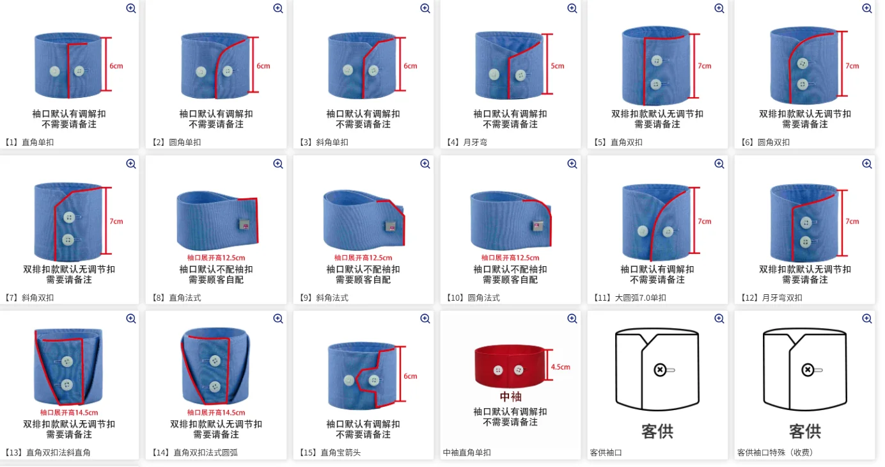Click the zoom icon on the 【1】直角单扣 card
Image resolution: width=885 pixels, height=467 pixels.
(131, 8)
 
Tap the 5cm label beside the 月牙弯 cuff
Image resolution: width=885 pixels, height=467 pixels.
(558, 66)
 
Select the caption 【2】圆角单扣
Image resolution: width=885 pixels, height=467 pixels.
(176, 142)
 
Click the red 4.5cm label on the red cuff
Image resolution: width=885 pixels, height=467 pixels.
(561, 367)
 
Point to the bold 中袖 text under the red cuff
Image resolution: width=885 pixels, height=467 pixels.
(510, 396)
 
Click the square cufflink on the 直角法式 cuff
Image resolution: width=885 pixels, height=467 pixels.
(244, 225)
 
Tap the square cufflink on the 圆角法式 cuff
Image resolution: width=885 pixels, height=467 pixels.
(537, 226)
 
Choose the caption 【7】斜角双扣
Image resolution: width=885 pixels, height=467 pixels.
(29, 298)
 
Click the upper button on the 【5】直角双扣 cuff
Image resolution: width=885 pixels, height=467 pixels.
(657, 61)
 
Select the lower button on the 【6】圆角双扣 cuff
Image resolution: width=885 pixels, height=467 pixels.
(803, 84)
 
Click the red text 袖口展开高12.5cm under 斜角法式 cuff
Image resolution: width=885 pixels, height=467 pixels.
(363, 258)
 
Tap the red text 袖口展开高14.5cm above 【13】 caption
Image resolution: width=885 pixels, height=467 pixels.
(69, 413)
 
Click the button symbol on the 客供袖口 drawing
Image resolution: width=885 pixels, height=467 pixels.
(660, 370)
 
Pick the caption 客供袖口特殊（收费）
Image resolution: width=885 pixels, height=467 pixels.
(775, 453)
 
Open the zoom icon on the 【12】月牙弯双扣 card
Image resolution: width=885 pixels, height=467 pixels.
(867, 164)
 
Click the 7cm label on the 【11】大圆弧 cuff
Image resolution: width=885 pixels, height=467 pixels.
(705, 221)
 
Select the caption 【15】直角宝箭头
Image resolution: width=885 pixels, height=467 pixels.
(330, 453)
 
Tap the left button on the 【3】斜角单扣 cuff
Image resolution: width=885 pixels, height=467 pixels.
(348, 70)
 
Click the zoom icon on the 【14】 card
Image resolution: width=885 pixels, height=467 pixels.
(278, 319)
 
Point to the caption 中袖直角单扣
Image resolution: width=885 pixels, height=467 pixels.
(467, 453)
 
